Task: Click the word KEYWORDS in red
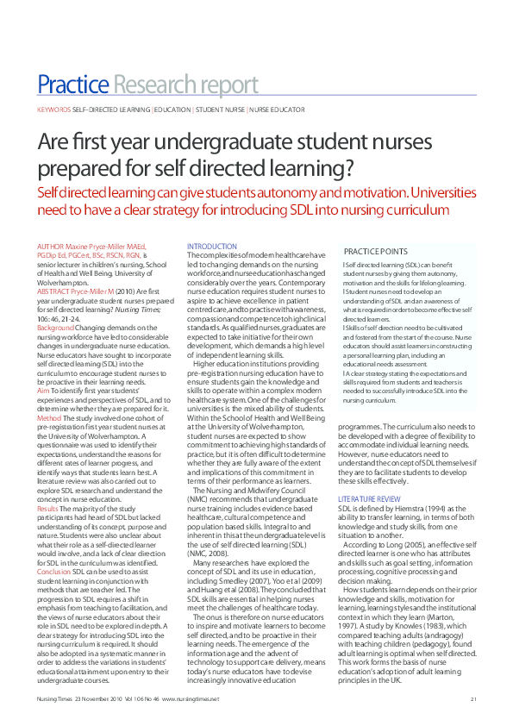coord(53,110)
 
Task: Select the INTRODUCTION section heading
coord(212,247)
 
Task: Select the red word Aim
coord(43,391)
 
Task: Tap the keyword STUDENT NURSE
coord(221,110)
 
